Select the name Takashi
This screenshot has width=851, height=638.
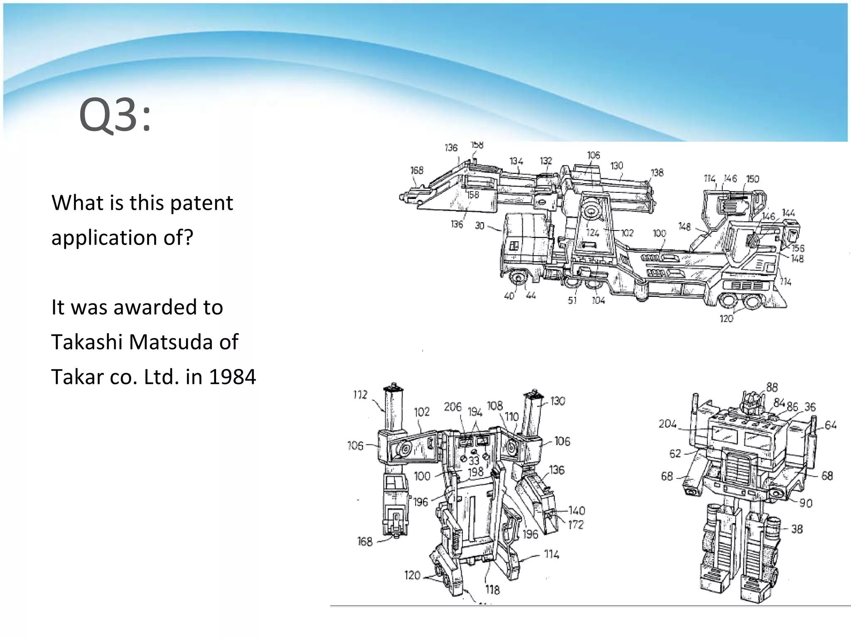click(x=86, y=342)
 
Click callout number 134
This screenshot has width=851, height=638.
click(x=516, y=162)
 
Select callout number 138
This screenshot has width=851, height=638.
click(x=657, y=172)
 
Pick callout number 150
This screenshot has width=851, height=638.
click(x=753, y=179)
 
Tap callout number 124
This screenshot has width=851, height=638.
click(x=593, y=233)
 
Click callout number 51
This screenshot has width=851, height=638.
click(x=572, y=300)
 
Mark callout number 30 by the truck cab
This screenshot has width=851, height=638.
click(x=480, y=226)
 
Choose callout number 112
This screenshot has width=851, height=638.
click(x=360, y=395)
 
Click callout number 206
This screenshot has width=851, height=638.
click(x=453, y=407)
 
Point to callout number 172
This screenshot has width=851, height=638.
click(x=576, y=525)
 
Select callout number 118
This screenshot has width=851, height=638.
click(x=492, y=589)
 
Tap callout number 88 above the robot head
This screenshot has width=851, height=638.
click(x=772, y=388)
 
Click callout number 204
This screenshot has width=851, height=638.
click(x=667, y=424)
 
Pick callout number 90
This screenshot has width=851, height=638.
click(x=806, y=503)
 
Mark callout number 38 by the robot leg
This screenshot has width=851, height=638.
click(x=797, y=529)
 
